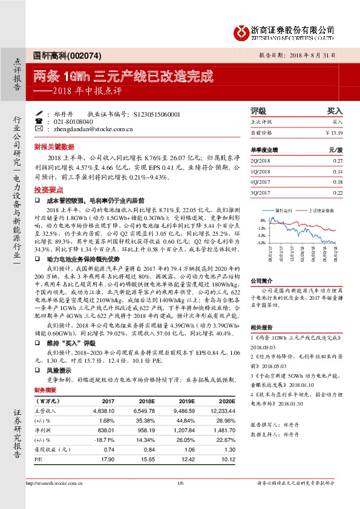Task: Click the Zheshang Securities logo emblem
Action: tap(241, 31)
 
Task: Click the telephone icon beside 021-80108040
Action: tap(39, 121)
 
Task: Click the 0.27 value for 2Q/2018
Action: tap(338, 160)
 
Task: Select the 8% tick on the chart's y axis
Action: tap(263, 219)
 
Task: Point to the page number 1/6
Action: tap(180, 482)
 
